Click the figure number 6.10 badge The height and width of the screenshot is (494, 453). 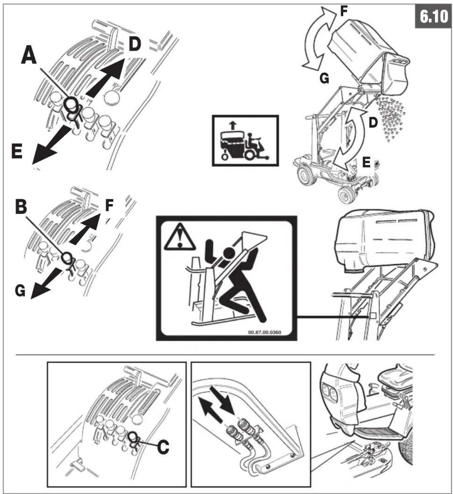tap(433, 17)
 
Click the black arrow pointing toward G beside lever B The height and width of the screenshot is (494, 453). tap(46, 283)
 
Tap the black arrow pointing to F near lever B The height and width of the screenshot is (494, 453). tap(85, 229)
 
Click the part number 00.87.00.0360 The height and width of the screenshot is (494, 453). tap(265, 332)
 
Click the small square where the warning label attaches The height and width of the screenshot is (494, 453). tap(373, 316)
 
